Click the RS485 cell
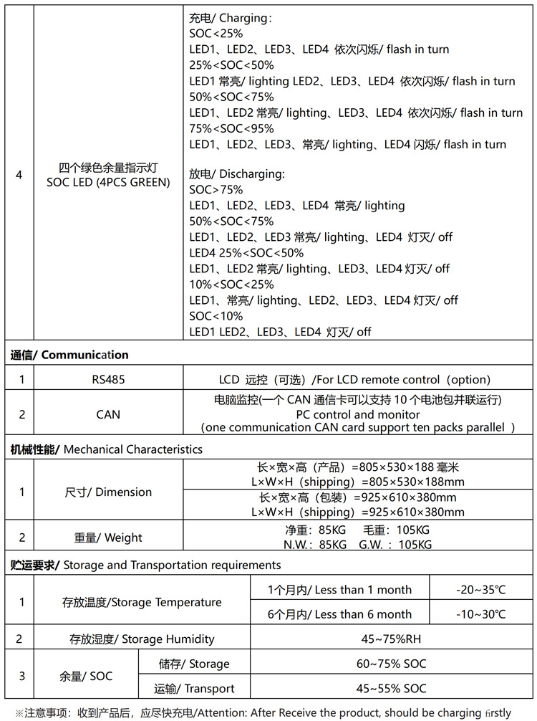click(108, 380)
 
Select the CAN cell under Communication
click(108, 414)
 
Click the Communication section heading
click(69, 355)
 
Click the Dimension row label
click(108, 492)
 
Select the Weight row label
click(108, 538)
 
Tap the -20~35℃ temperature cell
click(480, 590)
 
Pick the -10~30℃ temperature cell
click(480, 614)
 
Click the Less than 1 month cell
click(339, 590)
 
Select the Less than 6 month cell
click(339, 614)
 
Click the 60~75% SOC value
click(391, 664)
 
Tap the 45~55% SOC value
click(391, 689)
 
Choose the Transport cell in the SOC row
click(194, 689)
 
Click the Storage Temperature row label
click(141, 602)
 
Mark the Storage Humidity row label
click(141, 639)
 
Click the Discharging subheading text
click(237, 174)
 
